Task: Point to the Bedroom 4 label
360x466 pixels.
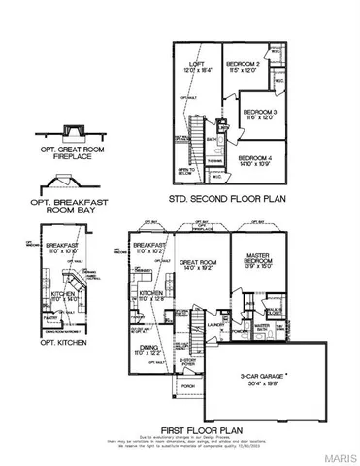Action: click(255, 157)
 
